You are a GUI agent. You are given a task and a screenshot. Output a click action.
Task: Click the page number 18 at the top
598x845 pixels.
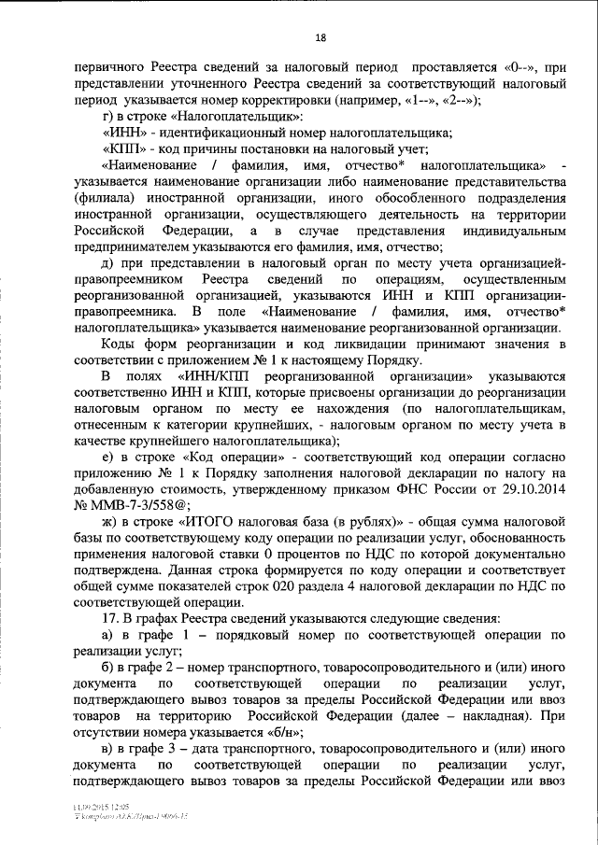320,37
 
